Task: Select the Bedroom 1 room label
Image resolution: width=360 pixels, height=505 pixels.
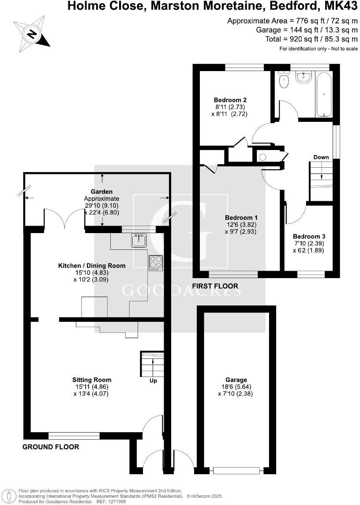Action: click(241, 218)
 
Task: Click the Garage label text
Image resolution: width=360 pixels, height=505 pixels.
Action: click(236, 380)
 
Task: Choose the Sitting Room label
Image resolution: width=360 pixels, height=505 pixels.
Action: click(92, 380)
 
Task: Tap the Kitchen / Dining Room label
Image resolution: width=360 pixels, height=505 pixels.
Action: click(92, 266)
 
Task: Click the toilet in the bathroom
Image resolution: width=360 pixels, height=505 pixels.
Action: click(284, 80)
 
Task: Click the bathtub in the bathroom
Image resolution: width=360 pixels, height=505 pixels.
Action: click(324, 95)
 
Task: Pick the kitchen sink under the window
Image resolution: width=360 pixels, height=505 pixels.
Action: click(139, 241)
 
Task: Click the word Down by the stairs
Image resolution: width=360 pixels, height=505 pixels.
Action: click(321, 157)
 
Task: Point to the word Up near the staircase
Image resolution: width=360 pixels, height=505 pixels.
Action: click(153, 381)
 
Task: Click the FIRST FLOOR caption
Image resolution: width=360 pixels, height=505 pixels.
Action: click(215, 286)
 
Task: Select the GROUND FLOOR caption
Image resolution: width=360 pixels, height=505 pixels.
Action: click(51, 447)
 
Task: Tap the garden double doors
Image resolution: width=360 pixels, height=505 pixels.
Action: click(64, 219)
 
